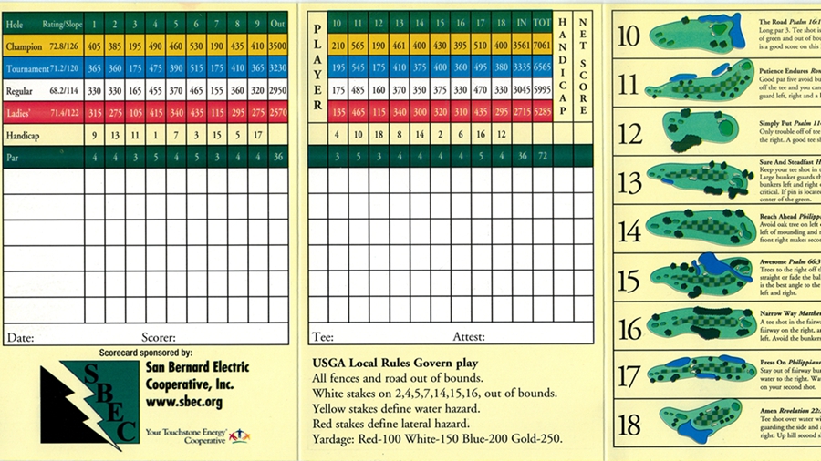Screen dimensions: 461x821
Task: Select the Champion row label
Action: (x=25, y=46)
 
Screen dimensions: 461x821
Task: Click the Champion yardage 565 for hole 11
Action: (x=360, y=45)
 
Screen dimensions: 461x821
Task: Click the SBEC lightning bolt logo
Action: (x=88, y=401)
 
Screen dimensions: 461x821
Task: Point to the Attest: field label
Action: (x=469, y=337)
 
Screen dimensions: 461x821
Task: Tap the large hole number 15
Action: (x=629, y=279)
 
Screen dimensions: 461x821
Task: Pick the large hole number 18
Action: (x=629, y=424)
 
